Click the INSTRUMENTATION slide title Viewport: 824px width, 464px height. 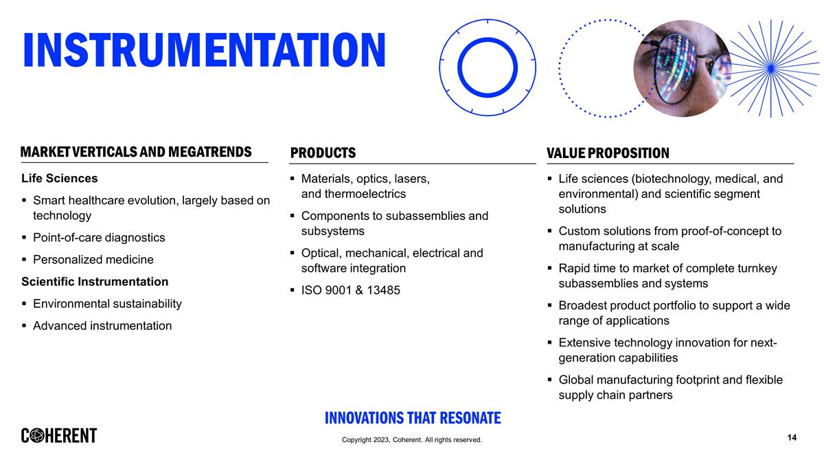pos(204,50)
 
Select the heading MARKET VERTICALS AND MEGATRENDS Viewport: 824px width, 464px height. pos(136,152)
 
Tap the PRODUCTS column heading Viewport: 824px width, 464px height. pos(323,153)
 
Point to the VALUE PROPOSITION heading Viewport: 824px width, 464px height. pos(608,153)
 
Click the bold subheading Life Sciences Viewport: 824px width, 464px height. pos(60,179)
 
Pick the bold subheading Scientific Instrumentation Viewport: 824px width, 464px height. pos(95,282)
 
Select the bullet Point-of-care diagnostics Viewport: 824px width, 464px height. pos(99,238)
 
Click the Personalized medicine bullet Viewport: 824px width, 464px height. pos(93,260)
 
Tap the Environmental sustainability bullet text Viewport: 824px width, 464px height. pos(107,304)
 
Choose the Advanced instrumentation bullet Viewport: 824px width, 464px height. pos(102,326)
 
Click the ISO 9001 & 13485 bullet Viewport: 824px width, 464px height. pos(350,291)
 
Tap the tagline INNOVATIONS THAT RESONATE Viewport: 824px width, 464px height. pos(412,418)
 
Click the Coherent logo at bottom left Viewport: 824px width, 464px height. pos(59,436)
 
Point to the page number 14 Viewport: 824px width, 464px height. pos(792,438)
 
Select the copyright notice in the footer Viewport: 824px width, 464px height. pos(412,440)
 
